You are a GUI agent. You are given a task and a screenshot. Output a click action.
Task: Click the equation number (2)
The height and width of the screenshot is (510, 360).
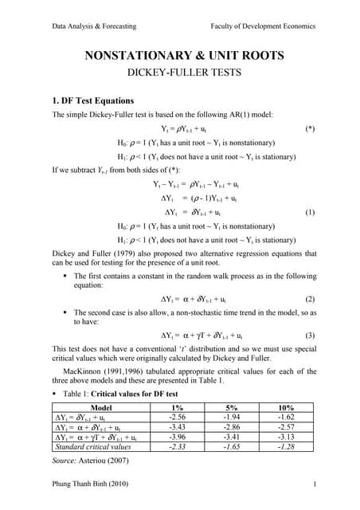[311, 300]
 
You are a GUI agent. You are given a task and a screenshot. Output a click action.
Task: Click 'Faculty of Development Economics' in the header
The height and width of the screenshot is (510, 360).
[264, 25]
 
